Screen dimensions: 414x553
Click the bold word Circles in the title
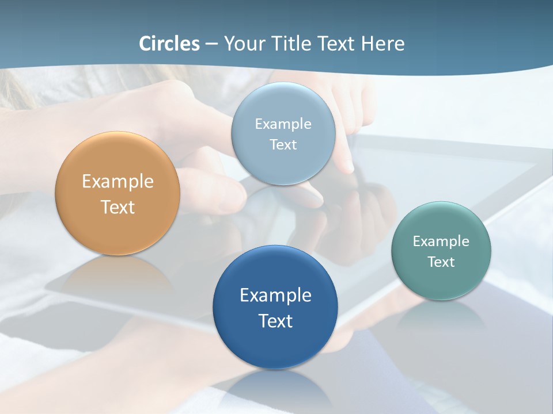pyautogui.click(x=169, y=44)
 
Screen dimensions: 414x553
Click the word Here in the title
pyautogui.click(x=383, y=44)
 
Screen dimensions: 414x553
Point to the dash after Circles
pyautogui.click(x=211, y=44)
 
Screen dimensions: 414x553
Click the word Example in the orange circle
pyautogui.click(x=118, y=182)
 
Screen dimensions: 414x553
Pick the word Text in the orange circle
pyautogui.click(x=118, y=207)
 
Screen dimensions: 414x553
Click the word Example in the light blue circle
pyautogui.click(x=283, y=124)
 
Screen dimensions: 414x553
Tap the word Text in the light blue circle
pyautogui.click(x=283, y=144)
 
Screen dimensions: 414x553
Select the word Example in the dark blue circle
pyautogui.click(x=275, y=295)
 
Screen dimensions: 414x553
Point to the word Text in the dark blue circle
pyautogui.click(x=275, y=321)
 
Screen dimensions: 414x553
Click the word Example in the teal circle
pyautogui.click(x=441, y=241)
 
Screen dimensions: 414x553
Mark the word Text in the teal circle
pyautogui.click(x=441, y=262)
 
